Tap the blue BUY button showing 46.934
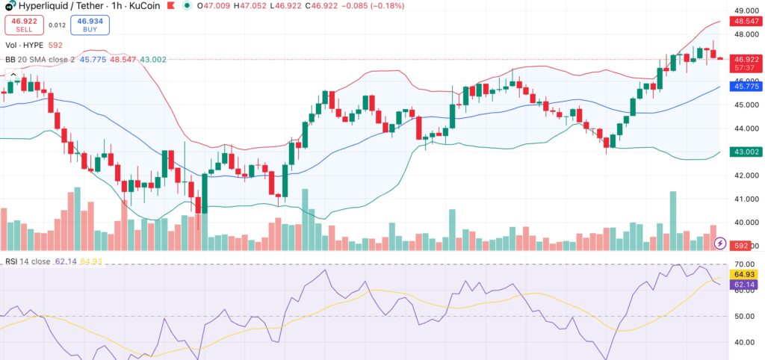[x=90, y=25]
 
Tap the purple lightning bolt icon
[x=720, y=243]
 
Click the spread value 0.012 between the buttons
[x=57, y=25]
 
